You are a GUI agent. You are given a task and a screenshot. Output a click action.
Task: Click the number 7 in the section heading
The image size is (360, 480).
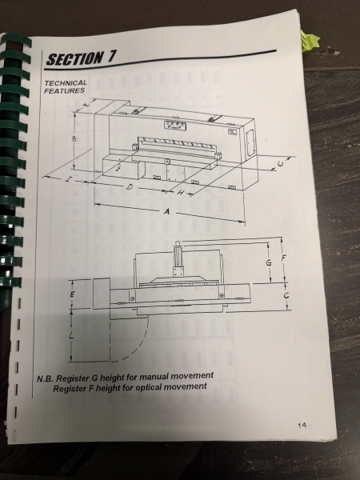click(111, 56)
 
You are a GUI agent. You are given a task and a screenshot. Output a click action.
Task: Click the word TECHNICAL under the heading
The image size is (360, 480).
click(66, 83)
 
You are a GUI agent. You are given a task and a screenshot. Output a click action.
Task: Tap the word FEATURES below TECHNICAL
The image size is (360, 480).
click(64, 90)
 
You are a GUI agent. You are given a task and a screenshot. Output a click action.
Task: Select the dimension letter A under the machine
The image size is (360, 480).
click(166, 211)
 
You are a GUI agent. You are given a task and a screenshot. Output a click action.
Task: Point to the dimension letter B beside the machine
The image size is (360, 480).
click(74, 138)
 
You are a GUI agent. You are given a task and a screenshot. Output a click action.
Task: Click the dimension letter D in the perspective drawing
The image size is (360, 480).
click(130, 186)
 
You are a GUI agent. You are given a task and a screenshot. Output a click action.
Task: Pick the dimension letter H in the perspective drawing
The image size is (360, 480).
click(181, 193)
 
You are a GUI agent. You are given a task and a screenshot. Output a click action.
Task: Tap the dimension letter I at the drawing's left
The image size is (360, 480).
click(69, 179)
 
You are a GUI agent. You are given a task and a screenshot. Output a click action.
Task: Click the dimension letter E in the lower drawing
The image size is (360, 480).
click(73, 294)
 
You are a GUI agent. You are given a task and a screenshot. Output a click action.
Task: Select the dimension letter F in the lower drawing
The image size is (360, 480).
click(283, 258)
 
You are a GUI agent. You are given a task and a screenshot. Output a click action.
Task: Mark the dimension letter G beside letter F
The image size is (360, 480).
click(269, 262)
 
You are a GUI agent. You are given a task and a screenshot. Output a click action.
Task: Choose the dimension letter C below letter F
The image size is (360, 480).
click(286, 296)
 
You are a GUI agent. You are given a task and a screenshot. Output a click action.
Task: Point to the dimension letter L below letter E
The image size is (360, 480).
click(72, 335)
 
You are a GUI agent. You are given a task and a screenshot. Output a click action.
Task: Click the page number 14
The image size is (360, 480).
click(302, 425)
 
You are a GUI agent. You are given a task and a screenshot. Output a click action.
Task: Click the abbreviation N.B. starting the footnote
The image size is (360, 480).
click(45, 379)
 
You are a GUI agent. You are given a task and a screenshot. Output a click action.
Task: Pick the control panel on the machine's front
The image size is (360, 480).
click(175, 126)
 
